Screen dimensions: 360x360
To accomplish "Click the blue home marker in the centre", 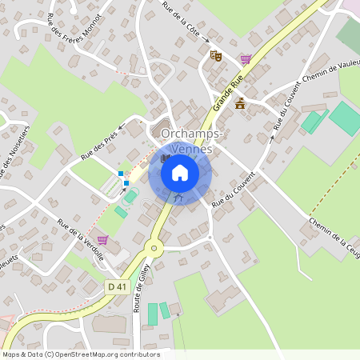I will coord(180,172).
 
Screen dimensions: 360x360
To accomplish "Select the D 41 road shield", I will coord(118,286).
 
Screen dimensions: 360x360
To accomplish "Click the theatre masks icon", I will coord(214,55).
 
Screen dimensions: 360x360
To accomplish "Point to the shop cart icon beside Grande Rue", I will coord(245,58).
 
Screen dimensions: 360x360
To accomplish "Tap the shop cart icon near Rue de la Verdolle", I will coord(102,239).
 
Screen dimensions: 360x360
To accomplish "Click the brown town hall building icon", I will coord(240,102).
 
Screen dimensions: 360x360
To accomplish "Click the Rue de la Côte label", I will coord(183,22).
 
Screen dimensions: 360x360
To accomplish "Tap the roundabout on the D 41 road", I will coord(154,248).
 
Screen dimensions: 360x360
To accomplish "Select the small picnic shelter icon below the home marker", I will coord(179,196).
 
